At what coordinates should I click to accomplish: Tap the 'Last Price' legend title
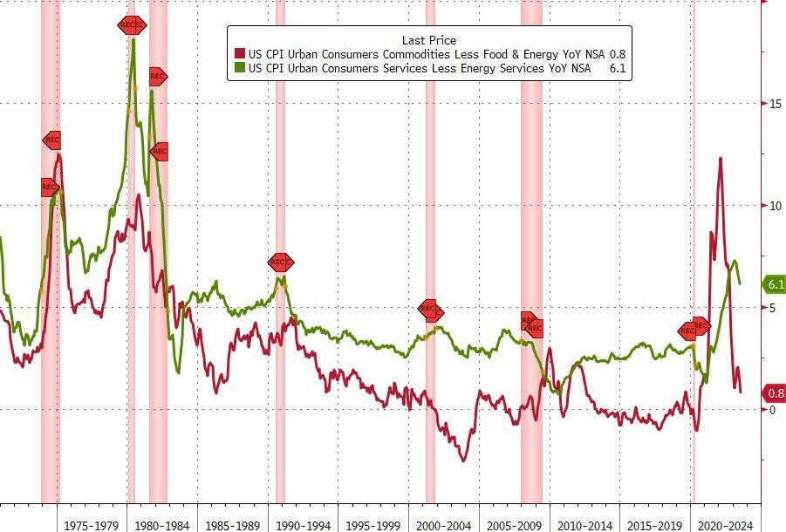click(428, 40)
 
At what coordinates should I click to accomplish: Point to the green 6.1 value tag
click(776, 284)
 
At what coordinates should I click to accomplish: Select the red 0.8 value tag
click(776, 392)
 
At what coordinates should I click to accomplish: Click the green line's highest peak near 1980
click(133, 40)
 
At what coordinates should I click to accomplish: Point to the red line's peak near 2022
click(721, 159)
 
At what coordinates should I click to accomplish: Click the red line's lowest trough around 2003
click(464, 460)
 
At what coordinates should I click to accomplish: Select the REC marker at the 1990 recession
click(281, 262)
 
